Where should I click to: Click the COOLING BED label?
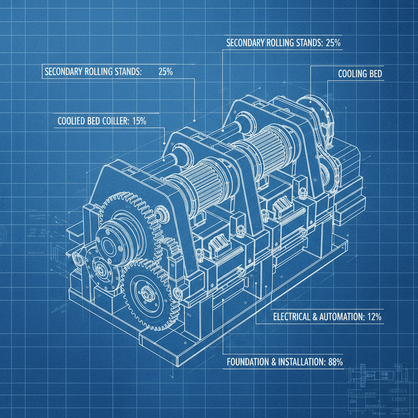[x=360, y=74]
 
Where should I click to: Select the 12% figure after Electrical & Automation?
[x=372, y=316]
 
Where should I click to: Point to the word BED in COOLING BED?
[x=374, y=74]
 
